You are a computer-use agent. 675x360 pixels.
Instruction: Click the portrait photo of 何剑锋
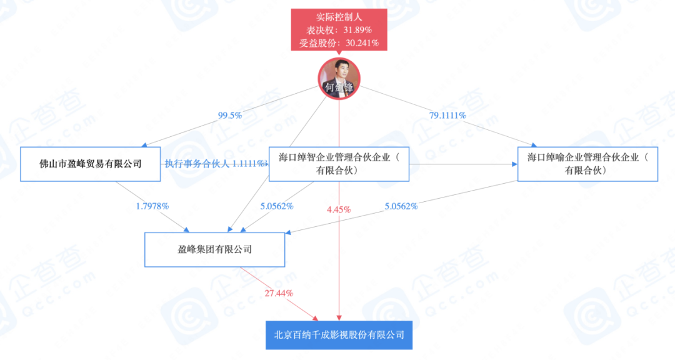coord(339,78)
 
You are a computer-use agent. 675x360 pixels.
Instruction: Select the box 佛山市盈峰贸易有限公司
coord(91,164)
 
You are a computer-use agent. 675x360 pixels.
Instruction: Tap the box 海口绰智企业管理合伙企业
coord(339,164)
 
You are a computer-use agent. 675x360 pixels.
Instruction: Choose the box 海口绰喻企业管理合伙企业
coord(587,164)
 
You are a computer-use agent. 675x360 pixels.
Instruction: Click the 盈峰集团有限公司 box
coord(214,250)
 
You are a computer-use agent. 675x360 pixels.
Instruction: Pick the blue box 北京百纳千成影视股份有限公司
coord(339,335)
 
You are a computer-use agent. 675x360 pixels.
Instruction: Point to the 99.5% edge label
coord(230,116)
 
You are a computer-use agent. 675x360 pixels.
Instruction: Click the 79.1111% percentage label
coord(447,116)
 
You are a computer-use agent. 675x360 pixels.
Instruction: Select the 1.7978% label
coord(152,206)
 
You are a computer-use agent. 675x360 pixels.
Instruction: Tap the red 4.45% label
coord(339,210)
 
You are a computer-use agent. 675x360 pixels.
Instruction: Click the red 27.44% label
coord(279,293)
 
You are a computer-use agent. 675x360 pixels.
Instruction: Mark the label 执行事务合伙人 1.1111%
coord(214,164)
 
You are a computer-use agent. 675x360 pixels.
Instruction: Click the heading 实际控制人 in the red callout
coord(339,17)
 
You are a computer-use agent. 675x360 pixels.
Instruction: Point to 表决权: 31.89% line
coord(339,30)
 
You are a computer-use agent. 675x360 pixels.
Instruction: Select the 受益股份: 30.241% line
coord(339,43)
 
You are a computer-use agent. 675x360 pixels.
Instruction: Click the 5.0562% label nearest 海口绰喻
coord(401,206)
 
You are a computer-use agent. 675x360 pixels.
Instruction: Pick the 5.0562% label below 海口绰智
coord(277,206)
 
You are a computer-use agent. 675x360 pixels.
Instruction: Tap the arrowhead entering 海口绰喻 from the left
coord(514,164)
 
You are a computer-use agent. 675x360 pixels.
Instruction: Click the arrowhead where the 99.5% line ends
coord(144,145)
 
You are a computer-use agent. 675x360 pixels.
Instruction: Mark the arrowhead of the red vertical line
coord(339,317)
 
